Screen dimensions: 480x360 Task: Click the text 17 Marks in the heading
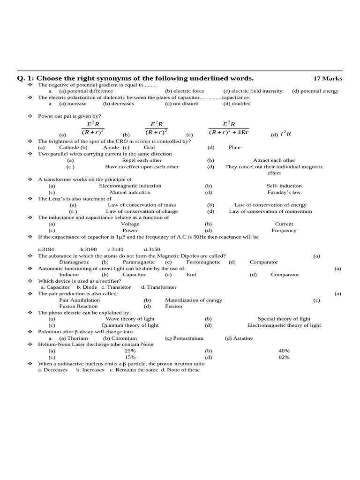pyautogui.click(x=328, y=78)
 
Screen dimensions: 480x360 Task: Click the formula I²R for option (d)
pyautogui.click(x=285, y=134)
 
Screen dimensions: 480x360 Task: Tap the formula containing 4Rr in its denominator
pyautogui.click(x=229, y=128)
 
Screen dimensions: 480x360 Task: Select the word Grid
pyautogui.click(x=149, y=147)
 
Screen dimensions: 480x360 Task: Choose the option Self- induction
pyautogui.click(x=284, y=186)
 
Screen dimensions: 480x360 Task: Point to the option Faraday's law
pyautogui.click(x=284, y=192)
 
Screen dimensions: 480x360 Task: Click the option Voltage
pyautogui.click(x=130, y=224)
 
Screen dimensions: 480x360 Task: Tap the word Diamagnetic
pyautogui.click(x=74, y=262)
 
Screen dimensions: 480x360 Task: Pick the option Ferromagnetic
pyautogui.click(x=203, y=262)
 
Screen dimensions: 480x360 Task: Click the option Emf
pyautogui.click(x=191, y=275)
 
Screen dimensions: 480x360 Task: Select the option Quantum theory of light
pyautogui.click(x=130, y=325)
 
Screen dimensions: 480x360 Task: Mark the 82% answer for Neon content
pyautogui.click(x=284, y=357)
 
